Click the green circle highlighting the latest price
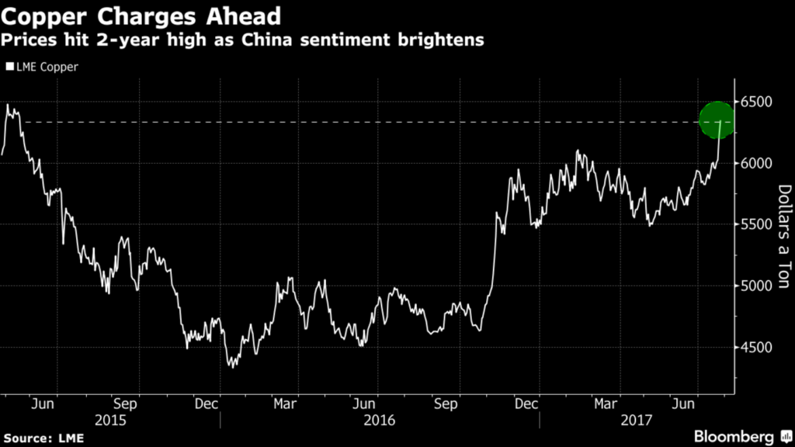717,120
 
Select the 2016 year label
380,420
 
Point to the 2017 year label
635,420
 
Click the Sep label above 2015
125,404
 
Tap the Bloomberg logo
738,435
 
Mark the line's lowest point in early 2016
231,366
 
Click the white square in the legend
9,67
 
